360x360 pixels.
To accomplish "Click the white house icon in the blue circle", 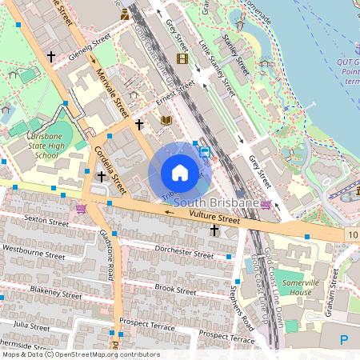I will click(x=180, y=173).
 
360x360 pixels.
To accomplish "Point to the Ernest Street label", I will click(x=175, y=95).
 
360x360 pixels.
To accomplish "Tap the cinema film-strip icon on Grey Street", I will click(x=182, y=58).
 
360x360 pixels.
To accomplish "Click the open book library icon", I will click(x=166, y=121).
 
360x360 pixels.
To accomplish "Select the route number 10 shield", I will click(x=353, y=234).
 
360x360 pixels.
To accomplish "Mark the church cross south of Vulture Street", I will click(x=214, y=230).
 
